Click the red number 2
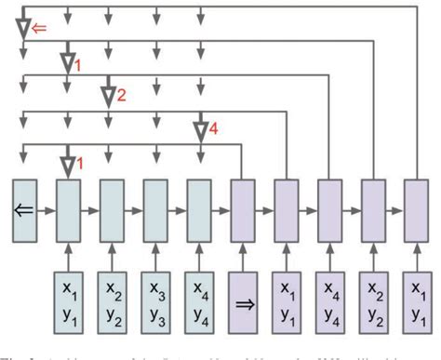[x=121, y=94]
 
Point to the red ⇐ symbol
[x=38, y=28]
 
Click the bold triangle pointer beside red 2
[x=108, y=95]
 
